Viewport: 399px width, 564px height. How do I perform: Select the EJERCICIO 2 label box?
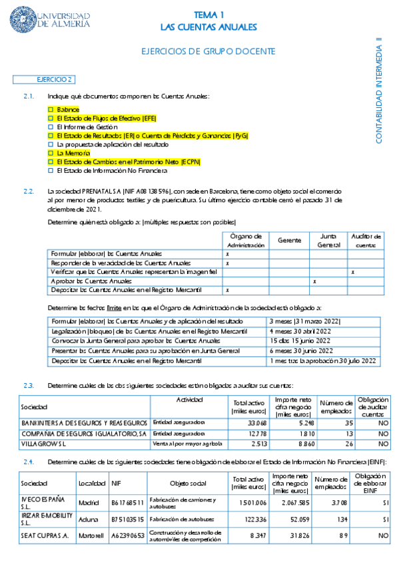pyautogui.click(x=54, y=79)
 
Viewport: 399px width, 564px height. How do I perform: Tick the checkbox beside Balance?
pyautogui.click(x=51, y=109)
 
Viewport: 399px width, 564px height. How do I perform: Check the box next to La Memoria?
pyautogui.click(x=51, y=153)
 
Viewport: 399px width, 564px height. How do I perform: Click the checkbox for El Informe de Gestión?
pyautogui.click(x=51, y=126)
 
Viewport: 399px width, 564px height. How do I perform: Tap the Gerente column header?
pyautogui.click(x=288, y=240)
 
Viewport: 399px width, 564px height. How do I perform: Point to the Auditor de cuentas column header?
pyautogui.click(x=366, y=240)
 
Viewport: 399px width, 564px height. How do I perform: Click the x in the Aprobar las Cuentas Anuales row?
pyautogui.click(x=314, y=281)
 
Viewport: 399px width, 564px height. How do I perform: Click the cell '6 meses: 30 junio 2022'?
pyautogui.click(x=300, y=351)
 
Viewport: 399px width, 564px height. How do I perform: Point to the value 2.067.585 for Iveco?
pyautogui.click(x=290, y=503)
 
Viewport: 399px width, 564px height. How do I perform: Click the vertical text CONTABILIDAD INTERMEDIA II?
pyautogui.click(x=379, y=90)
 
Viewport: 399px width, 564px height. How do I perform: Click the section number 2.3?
pyautogui.click(x=28, y=385)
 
